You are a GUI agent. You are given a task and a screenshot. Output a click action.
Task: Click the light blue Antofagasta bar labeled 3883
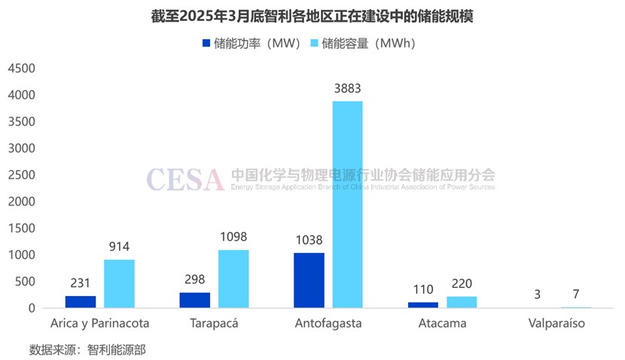point(348,204)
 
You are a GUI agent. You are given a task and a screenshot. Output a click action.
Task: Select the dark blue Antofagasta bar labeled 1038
point(309,280)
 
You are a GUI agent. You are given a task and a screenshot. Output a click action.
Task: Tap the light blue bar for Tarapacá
point(233,279)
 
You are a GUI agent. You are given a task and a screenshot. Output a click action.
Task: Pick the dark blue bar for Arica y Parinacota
point(81,301)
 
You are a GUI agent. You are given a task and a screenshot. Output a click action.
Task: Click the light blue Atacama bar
point(462,302)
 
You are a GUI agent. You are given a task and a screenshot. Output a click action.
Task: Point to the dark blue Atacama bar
point(423,305)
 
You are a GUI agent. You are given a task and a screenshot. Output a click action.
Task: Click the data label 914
point(119,246)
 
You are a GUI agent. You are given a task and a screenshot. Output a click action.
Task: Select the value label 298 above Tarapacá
point(195,278)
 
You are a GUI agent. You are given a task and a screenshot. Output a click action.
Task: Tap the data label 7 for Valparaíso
point(575,294)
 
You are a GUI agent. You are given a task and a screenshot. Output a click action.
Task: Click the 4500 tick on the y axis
point(22,69)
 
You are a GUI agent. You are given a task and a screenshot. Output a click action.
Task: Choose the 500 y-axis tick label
point(26,282)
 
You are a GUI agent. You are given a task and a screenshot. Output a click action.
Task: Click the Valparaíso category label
point(556,324)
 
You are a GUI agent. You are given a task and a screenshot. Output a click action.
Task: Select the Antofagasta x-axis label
point(328,324)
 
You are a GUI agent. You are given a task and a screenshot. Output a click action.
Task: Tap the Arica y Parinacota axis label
point(100,324)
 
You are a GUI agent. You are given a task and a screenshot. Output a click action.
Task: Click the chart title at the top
point(312,16)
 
